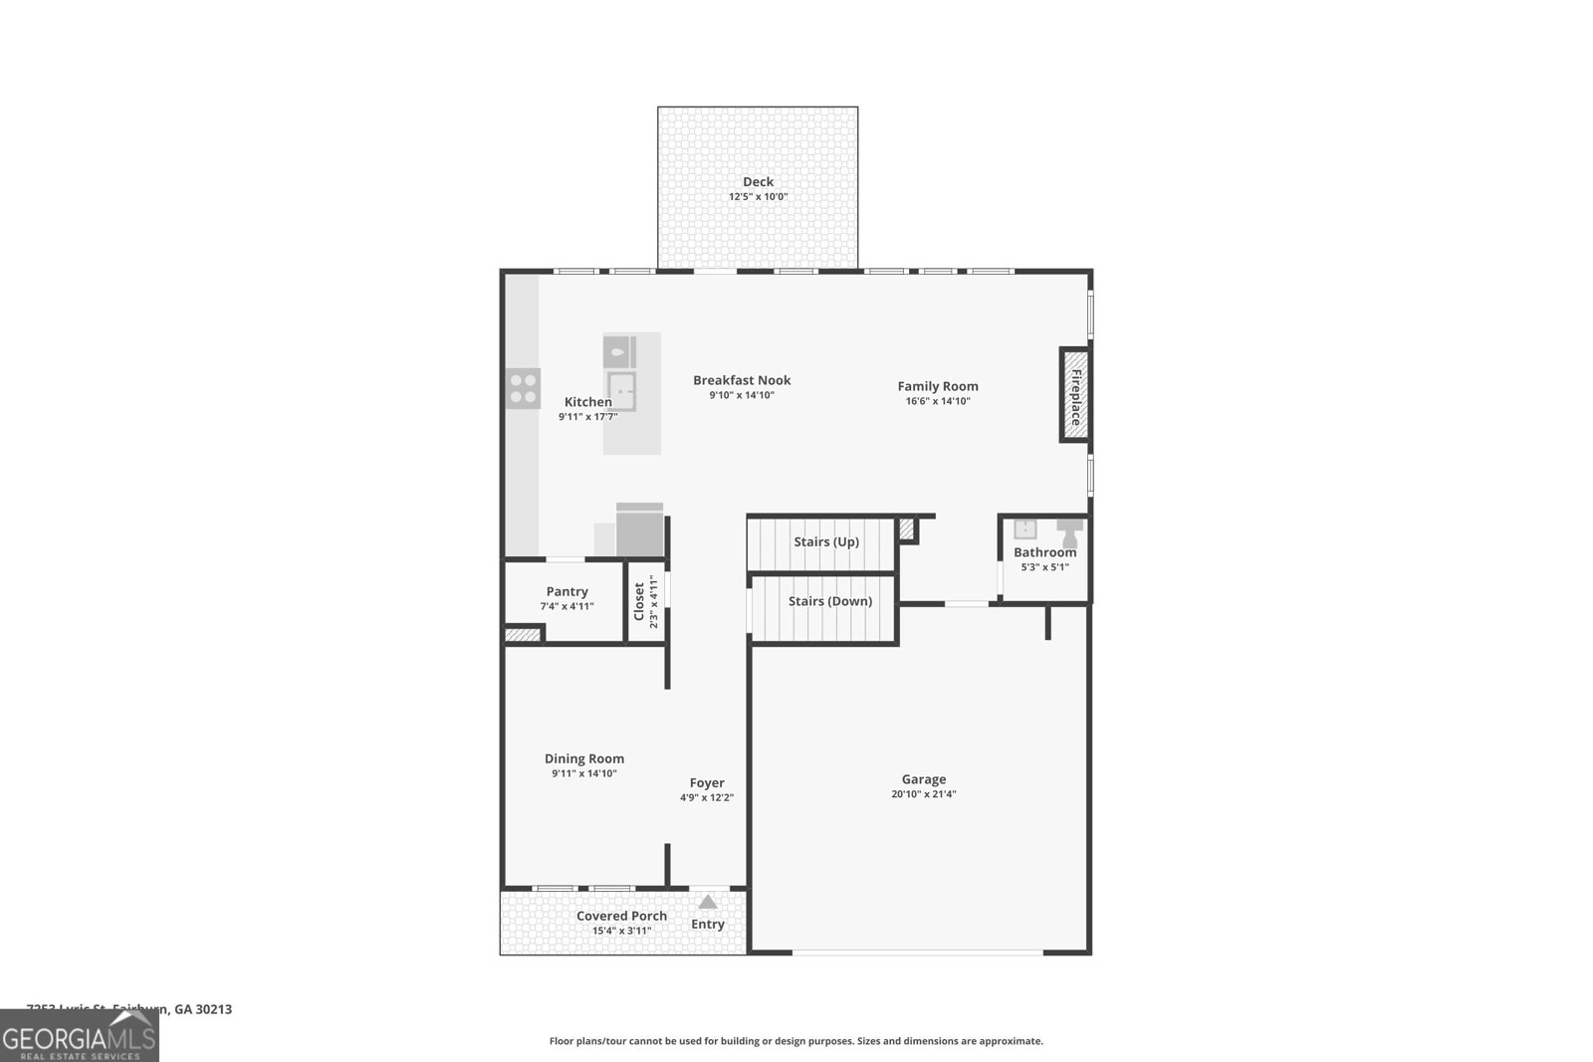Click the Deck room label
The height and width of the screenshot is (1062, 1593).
click(758, 181)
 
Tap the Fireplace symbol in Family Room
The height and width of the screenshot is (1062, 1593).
click(1074, 395)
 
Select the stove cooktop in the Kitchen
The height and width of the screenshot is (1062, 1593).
click(523, 388)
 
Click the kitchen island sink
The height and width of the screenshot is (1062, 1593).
click(622, 390)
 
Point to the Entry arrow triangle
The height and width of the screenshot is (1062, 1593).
click(707, 902)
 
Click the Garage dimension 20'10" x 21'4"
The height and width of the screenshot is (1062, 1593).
click(923, 794)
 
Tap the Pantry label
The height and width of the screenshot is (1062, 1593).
click(567, 591)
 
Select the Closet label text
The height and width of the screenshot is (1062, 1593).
click(639, 602)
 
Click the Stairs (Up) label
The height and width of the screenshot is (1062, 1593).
click(825, 541)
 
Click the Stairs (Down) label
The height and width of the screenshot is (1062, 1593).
click(829, 601)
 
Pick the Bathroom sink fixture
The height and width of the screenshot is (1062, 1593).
click(1024, 529)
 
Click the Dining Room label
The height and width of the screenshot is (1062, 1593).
click(583, 758)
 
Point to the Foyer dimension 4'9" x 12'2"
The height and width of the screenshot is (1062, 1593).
click(707, 797)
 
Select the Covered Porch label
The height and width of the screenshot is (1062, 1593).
click(621, 916)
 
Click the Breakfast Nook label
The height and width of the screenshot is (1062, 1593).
click(742, 380)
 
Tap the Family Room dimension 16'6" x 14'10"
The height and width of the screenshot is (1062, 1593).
click(937, 401)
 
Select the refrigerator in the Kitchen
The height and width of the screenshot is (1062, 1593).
click(639, 531)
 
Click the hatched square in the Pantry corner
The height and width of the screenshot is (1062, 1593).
click(521, 634)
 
